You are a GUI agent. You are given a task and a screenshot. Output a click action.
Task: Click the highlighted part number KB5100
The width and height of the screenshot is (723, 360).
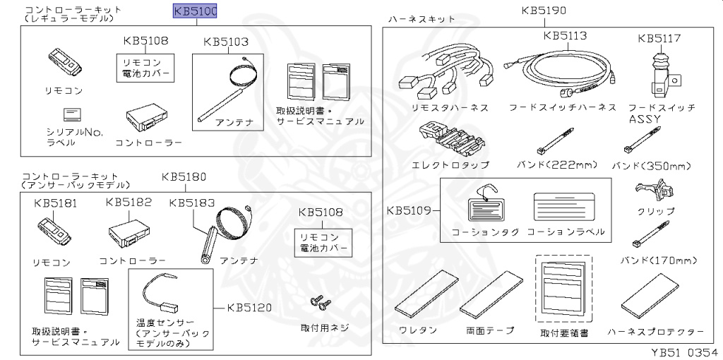196,11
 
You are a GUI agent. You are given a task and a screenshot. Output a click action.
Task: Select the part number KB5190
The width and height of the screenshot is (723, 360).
544,11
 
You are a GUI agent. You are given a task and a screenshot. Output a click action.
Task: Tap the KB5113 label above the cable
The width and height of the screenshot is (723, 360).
566,35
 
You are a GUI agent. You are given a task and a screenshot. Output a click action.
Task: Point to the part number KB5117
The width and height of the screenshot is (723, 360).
659,38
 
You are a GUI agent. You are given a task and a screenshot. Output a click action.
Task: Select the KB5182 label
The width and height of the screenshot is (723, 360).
129,203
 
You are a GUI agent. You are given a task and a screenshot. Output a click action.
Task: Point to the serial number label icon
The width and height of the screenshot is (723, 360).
73,114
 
